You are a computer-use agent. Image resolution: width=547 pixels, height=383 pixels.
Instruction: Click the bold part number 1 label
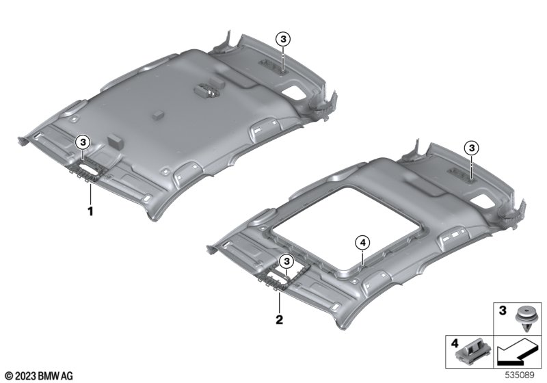90,211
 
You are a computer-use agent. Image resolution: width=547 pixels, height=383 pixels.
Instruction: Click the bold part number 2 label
280,319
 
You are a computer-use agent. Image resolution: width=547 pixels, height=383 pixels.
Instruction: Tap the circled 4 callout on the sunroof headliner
362,242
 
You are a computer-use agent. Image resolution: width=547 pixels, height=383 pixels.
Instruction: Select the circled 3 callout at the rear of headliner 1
283,39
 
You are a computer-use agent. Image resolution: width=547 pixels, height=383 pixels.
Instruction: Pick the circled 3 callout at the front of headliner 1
83,142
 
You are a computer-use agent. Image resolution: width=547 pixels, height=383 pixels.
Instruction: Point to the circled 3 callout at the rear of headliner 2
472,148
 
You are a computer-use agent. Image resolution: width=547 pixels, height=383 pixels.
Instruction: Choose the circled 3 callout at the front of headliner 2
286,261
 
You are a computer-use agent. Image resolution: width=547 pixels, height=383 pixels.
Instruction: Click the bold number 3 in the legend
503,311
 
